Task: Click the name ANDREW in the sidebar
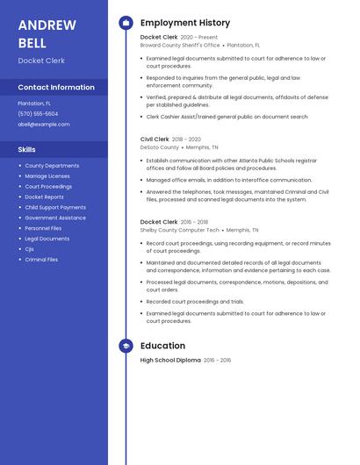(47, 25)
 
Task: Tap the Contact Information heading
(56, 88)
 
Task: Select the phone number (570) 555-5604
(38, 114)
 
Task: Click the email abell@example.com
(43, 125)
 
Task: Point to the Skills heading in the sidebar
(27, 150)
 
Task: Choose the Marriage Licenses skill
(47, 176)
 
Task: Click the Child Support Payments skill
(55, 207)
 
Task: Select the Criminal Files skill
(41, 260)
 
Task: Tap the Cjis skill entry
(30, 249)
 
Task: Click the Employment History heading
(185, 23)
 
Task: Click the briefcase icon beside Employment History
(126, 23)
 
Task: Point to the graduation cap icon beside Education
(126, 346)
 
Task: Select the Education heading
(162, 346)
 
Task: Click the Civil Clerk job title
(155, 139)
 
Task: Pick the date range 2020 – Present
(199, 38)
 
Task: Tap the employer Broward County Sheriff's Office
(180, 45)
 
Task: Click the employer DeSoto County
(159, 147)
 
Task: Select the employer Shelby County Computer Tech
(180, 230)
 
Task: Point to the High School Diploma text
(170, 361)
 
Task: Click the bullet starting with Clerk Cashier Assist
(227, 117)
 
